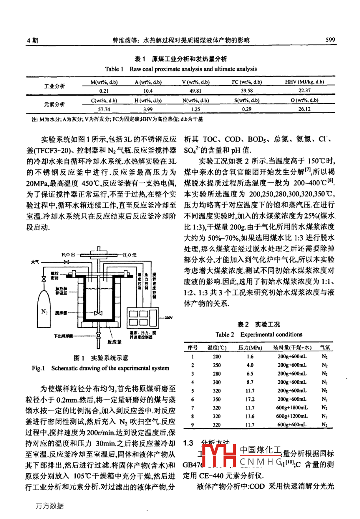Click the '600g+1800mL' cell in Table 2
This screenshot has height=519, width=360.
click(x=292, y=408)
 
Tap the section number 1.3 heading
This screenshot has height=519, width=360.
click(x=189, y=443)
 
